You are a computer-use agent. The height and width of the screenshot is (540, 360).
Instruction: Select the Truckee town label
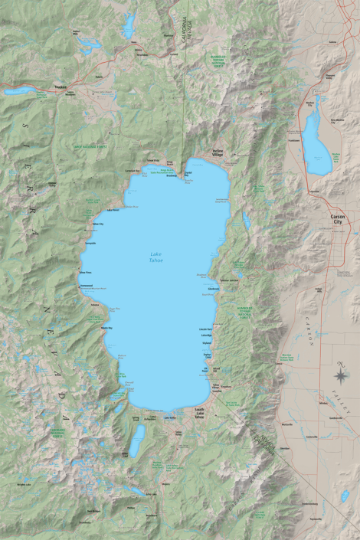[x=61, y=87]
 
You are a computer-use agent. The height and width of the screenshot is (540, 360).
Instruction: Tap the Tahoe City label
[x=97, y=224]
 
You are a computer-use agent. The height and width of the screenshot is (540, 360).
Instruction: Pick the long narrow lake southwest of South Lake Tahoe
[x=137, y=440]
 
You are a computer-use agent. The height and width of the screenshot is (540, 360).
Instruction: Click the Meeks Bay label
[x=106, y=328]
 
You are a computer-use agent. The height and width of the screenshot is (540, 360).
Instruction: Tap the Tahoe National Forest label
[x=88, y=144]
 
